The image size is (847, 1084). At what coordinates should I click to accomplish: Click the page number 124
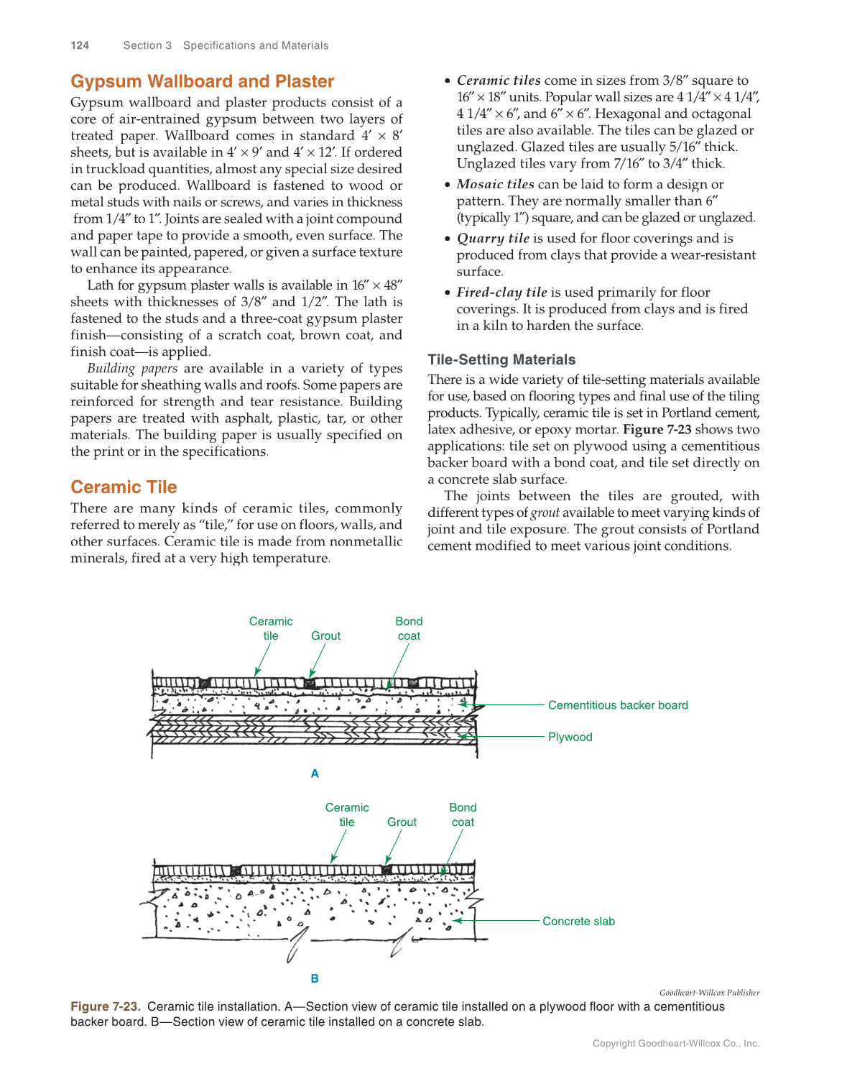80,45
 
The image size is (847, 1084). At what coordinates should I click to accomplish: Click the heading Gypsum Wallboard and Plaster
202,81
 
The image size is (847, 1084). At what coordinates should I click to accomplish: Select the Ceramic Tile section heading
124,487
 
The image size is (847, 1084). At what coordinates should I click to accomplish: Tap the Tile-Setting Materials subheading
501,359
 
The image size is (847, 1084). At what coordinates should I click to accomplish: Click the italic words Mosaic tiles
495,184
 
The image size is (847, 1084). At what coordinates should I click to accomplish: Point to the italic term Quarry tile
493,238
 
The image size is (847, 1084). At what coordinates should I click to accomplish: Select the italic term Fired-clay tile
501,292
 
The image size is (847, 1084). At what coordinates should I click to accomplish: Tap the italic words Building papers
132,368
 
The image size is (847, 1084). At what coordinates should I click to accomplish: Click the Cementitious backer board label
617,705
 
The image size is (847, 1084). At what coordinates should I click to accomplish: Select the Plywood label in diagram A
570,737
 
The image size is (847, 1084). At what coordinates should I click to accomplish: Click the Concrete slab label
578,921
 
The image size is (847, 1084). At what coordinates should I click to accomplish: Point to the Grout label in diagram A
325,635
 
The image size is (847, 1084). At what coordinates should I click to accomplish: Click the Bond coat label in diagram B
463,814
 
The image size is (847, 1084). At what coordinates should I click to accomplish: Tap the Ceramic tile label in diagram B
347,814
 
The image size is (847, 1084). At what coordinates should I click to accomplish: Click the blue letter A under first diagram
315,773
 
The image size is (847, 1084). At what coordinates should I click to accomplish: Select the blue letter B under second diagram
315,978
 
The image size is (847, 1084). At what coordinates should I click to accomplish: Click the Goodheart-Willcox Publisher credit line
709,993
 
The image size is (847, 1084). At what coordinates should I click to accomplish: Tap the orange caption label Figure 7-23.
106,1006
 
